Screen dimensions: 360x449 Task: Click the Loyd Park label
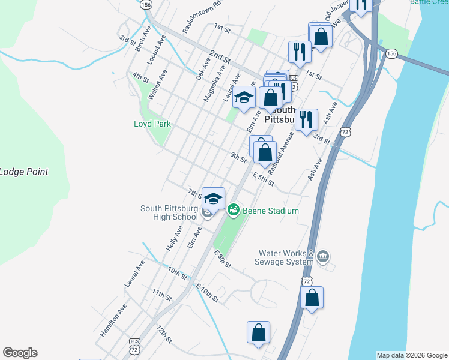[x=152, y=124]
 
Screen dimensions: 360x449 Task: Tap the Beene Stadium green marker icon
[x=233, y=210]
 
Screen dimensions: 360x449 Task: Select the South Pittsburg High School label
[x=169, y=213]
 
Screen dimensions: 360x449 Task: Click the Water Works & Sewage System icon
[x=323, y=257]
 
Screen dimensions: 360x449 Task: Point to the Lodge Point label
[x=24, y=172]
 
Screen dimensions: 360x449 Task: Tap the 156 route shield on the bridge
[x=391, y=53]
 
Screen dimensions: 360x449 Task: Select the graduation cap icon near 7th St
[x=213, y=198]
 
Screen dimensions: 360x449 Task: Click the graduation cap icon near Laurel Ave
[x=244, y=97]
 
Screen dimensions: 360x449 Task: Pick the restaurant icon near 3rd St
[x=306, y=120]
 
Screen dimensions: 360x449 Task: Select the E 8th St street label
[x=222, y=259]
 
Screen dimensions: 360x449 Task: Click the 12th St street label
[x=164, y=335]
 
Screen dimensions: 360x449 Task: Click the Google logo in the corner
[x=20, y=353]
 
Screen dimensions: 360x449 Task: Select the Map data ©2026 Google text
[x=412, y=355]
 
